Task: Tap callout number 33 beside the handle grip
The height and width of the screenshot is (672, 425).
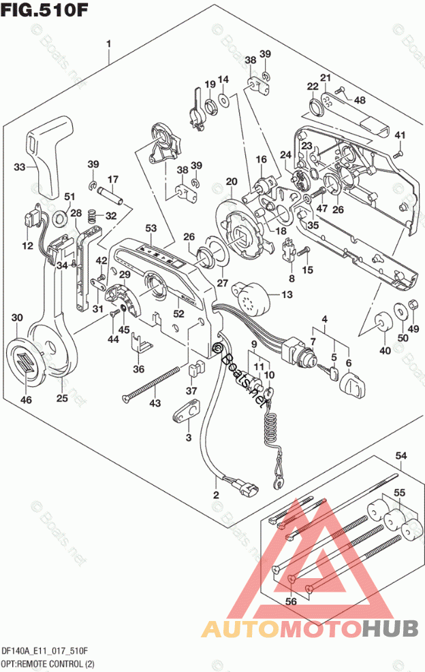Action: coord(20,167)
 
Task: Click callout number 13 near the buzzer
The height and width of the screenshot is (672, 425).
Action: coord(285,295)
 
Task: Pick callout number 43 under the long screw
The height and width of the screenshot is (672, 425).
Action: coord(156,404)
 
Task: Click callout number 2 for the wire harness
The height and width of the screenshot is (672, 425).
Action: coord(216,495)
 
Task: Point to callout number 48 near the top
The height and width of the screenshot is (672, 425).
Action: coord(359,100)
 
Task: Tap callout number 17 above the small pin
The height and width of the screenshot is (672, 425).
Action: coord(113,180)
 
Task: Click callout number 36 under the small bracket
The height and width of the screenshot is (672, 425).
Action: coord(139,369)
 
